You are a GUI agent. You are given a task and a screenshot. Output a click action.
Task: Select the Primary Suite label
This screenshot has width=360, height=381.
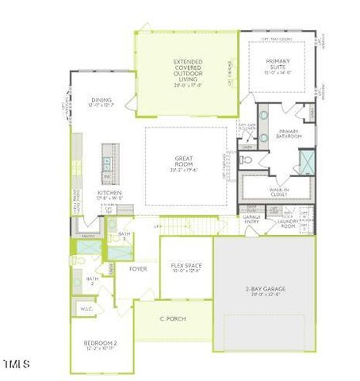point(277,66)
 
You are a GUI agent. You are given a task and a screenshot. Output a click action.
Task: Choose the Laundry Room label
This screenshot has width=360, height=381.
point(287,223)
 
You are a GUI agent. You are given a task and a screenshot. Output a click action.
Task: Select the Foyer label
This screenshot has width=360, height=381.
point(138,269)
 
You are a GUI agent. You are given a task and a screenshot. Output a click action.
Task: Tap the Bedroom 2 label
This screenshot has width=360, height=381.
point(101,343)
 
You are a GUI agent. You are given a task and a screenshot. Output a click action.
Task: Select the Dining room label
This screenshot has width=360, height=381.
point(102,101)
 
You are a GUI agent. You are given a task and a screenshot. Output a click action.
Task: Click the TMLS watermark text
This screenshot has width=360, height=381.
point(16,364)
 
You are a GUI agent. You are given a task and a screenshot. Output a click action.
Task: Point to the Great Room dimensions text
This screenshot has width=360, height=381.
point(185,168)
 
